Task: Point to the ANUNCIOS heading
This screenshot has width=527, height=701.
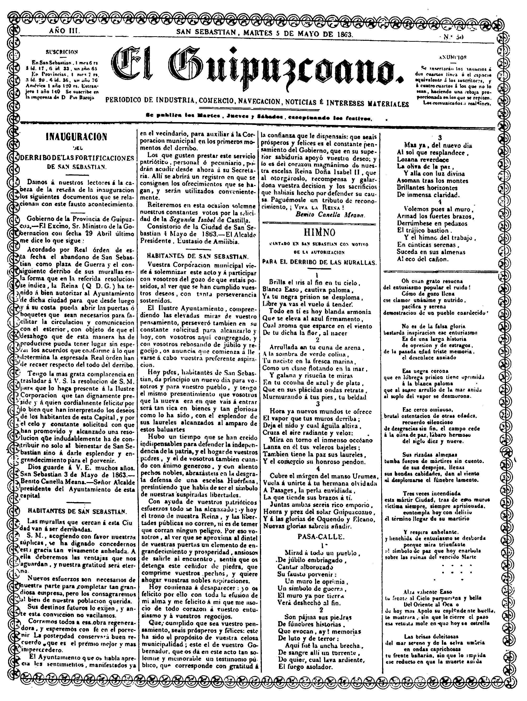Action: point(454,58)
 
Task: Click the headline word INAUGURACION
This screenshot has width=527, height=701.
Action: point(77,137)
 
